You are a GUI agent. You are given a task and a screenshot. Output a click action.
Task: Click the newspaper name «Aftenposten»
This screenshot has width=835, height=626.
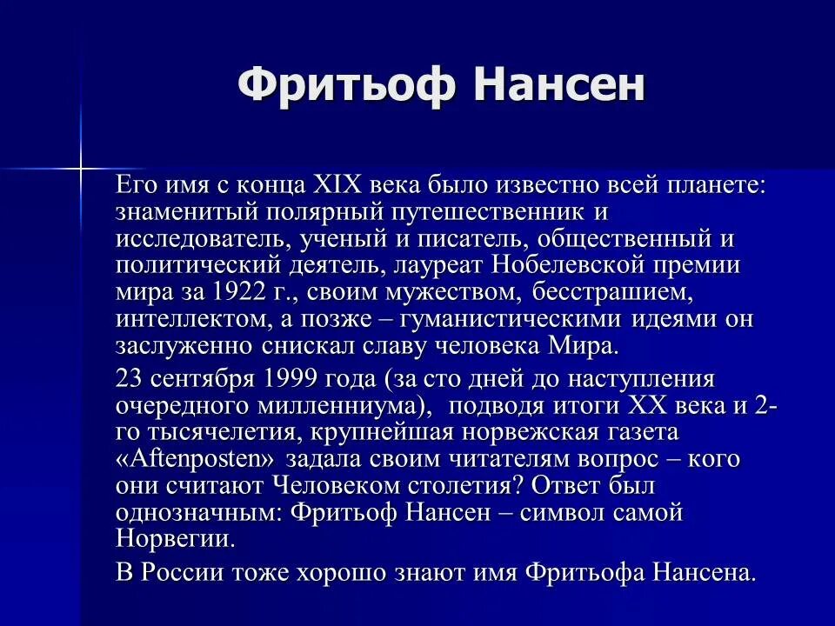click(x=195, y=459)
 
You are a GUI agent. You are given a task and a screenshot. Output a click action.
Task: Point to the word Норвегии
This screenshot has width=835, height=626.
click(x=174, y=538)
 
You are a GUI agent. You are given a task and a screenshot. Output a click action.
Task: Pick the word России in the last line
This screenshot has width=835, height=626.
click(x=182, y=572)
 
